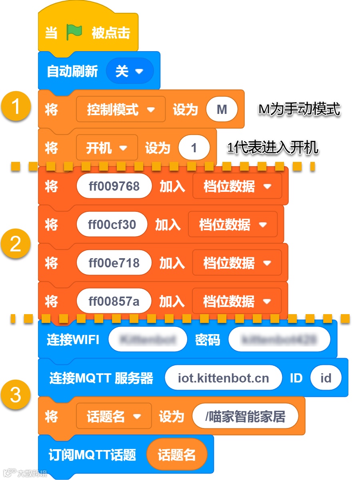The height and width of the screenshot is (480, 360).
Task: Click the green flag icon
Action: coord(74,32)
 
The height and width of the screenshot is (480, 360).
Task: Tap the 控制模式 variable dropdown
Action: coord(120,110)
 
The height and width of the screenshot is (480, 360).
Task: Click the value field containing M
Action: coord(222,110)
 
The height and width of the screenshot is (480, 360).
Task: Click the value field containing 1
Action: coord(194,148)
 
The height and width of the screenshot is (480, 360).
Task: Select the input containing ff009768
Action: coord(114,186)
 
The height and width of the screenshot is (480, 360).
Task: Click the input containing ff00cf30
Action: coord(112,225)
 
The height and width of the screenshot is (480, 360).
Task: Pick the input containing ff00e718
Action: coord(114,263)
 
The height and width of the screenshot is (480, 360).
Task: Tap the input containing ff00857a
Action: coord(114,301)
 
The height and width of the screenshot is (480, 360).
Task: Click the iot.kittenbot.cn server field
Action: coord(223,378)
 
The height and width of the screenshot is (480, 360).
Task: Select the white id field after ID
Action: coord(326,378)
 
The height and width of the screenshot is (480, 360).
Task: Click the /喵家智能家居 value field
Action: coord(245,417)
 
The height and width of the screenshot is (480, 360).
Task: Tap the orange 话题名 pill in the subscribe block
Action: coord(176,455)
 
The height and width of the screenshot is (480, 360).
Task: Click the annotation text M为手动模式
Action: coord(299,109)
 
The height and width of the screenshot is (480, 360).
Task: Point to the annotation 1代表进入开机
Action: coord(272,148)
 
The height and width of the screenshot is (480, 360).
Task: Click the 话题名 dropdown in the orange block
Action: coord(114,417)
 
